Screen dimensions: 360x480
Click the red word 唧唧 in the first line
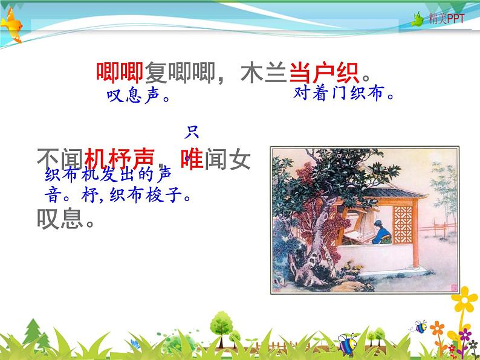click(119, 72)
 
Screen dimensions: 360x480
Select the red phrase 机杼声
click(119, 158)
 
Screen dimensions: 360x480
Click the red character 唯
click(192, 158)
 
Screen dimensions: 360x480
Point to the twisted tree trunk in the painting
click(317, 242)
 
